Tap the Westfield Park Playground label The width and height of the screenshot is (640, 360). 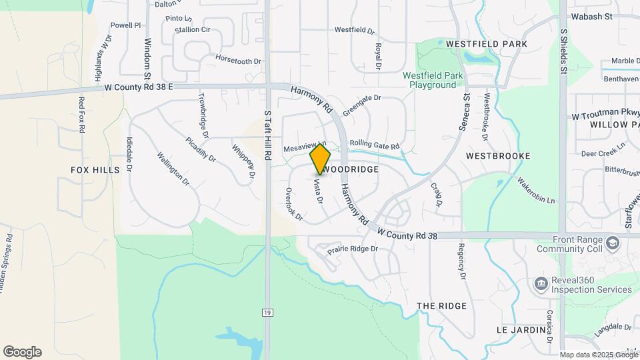click(433, 80)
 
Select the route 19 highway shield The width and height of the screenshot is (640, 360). click(267, 311)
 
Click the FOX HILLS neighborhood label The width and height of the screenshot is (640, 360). click(95, 170)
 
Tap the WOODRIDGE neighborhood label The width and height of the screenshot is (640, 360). click(353, 170)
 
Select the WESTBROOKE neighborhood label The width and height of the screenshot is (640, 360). click(498, 156)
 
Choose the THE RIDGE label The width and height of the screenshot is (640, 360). click(441, 306)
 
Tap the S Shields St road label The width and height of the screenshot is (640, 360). click(563, 52)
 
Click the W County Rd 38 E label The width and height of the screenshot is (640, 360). click(139, 87)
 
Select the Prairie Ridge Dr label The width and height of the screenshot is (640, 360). click(352, 249)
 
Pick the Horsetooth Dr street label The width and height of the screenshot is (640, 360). click(239, 61)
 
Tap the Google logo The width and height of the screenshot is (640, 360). click(22, 352)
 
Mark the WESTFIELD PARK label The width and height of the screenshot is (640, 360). click(487, 44)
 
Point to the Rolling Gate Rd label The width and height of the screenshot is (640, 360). click(374, 145)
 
